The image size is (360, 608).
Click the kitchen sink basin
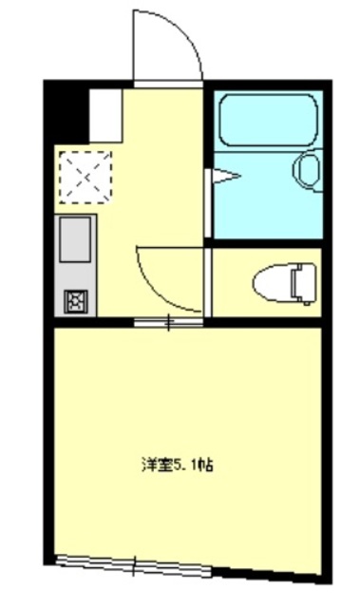pos(76,238)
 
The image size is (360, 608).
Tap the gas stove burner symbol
pos(75,301)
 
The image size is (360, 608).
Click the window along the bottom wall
pos(133,568)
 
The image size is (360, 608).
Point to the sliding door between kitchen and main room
pos(169,323)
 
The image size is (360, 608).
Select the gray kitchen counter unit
pos(76,266)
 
